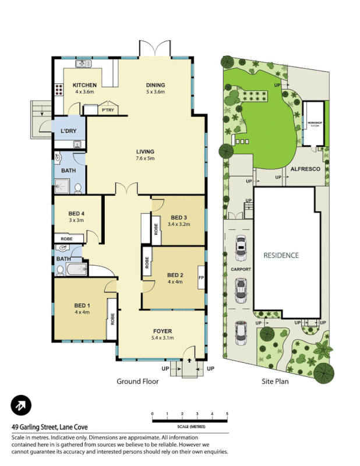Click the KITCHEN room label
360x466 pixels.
click(84, 85)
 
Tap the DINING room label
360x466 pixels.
click(156, 85)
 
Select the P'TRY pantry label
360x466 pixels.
click(107, 110)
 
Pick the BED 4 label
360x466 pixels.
click(77, 213)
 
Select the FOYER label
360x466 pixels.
click(162, 331)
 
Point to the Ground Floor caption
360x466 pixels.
click(137, 382)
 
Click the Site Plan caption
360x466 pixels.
click(274, 382)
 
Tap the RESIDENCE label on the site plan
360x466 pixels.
click(281, 255)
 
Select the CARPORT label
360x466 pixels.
click(241, 270)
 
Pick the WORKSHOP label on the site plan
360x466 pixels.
click(315, 123)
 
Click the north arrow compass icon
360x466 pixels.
click(21, 406)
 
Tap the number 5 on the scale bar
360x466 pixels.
click(227, 414)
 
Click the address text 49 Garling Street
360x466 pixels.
click(47, 426)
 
